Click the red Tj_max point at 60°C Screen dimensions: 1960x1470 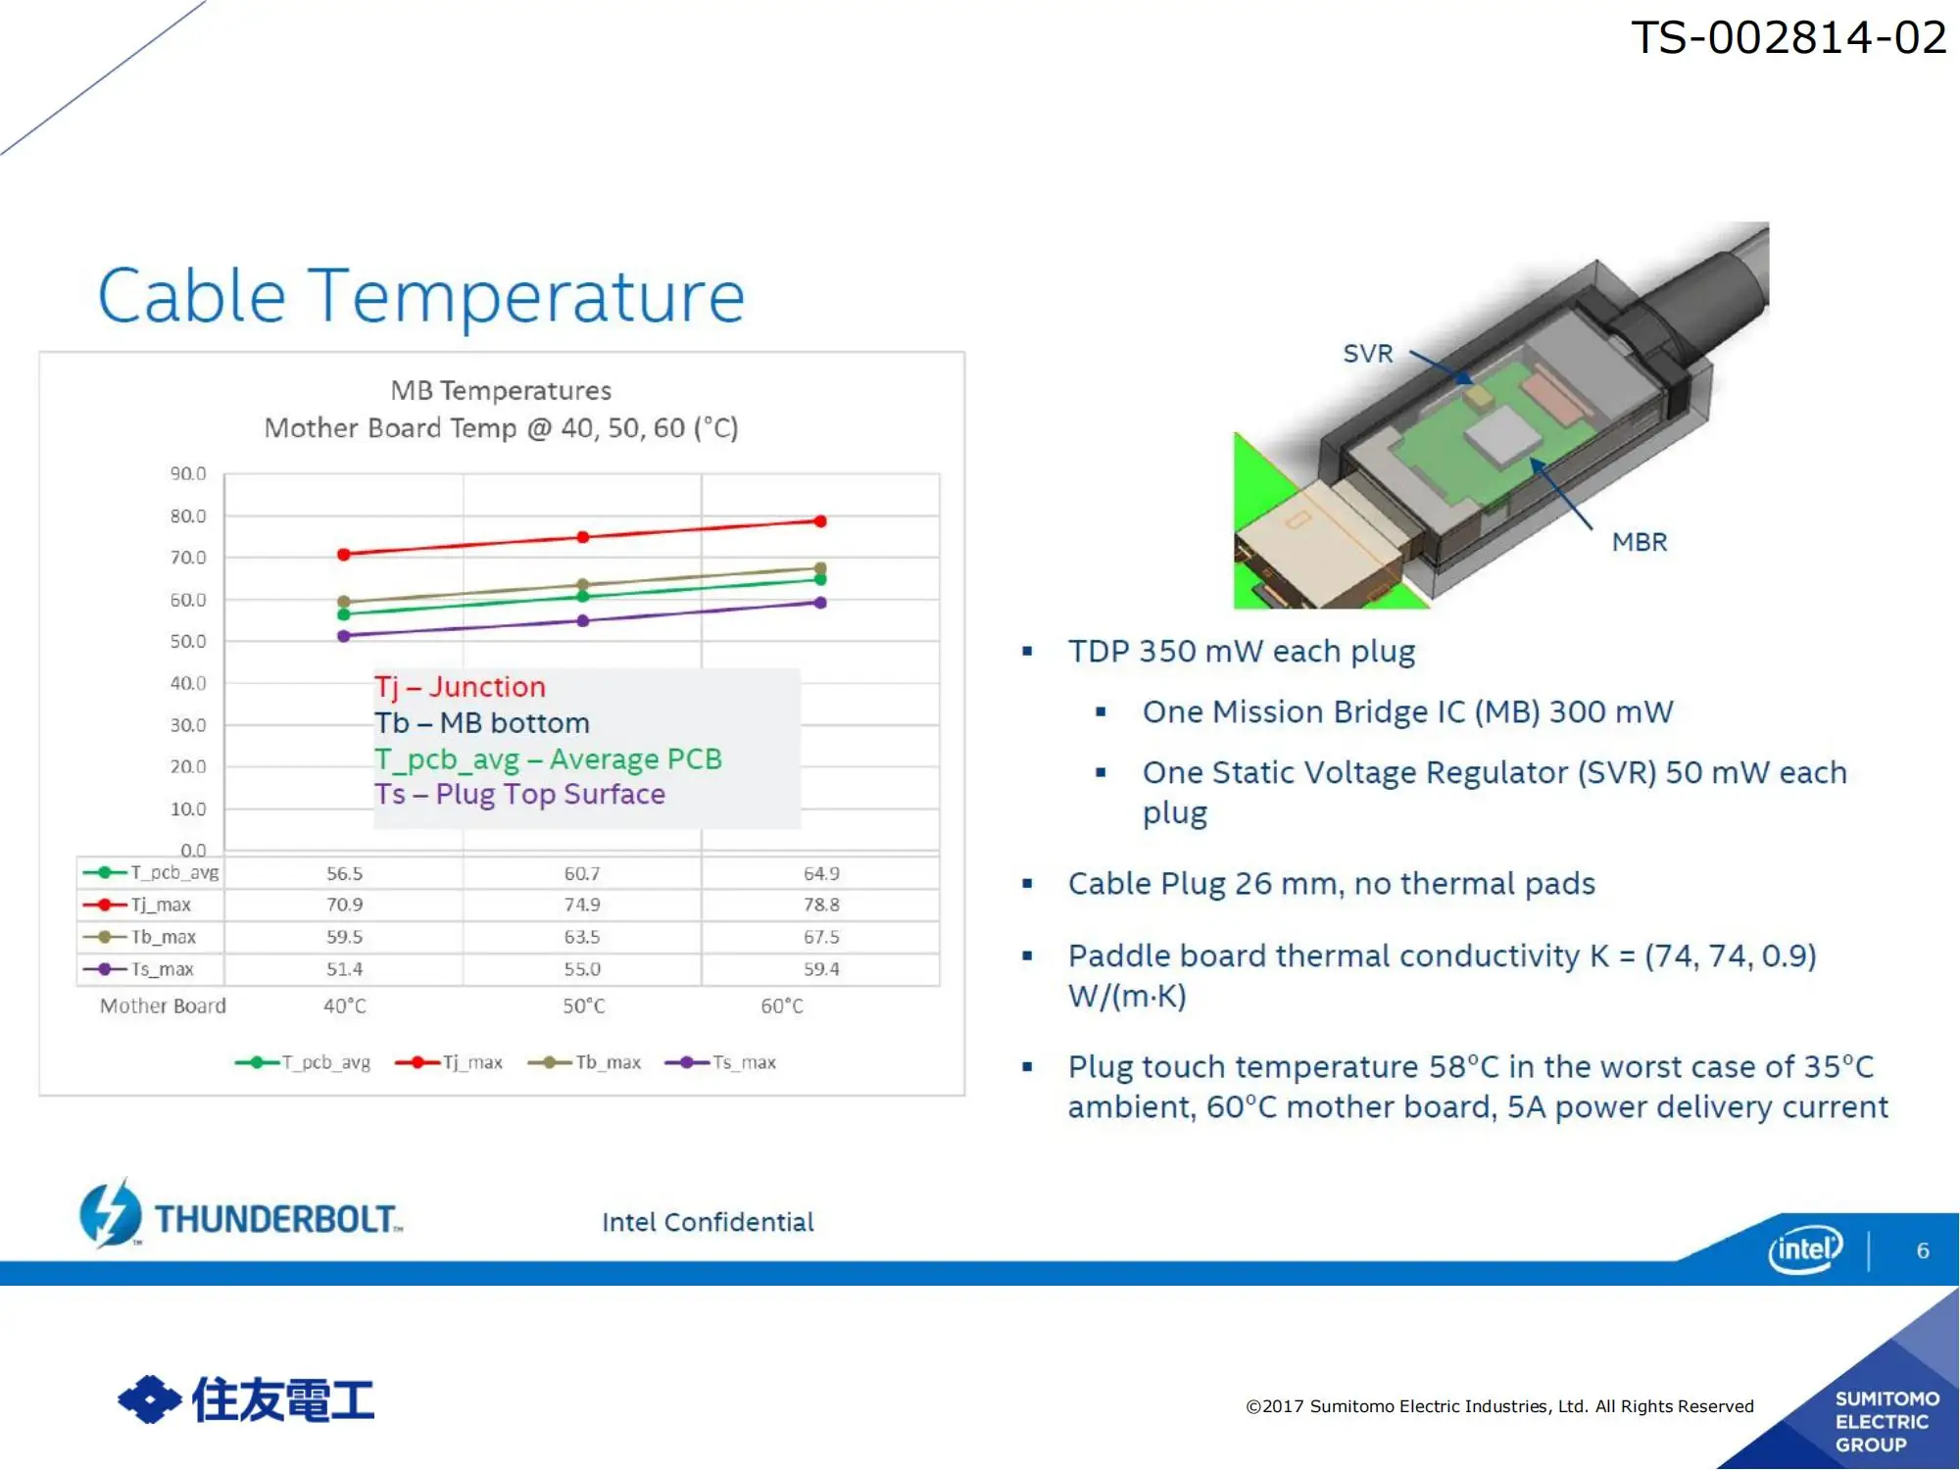click(x=820, y=521)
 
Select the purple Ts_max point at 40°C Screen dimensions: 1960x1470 click(x=344, y=636)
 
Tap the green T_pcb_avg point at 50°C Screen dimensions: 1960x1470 click(x=583, y=596)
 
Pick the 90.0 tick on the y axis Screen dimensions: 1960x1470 click(x=188, y=473)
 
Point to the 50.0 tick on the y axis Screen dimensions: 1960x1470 click(x=188, y=641)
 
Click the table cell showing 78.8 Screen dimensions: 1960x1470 click(x=821, y=905)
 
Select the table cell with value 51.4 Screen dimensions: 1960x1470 click(x=344, y=969)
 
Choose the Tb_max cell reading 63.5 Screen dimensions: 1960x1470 click(x=582, y=937)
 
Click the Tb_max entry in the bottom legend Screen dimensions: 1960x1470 click(x=585, y=1062)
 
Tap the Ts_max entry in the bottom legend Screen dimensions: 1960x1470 click(x=720, y=1062)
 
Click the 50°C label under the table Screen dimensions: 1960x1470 click(x=584, y=1006)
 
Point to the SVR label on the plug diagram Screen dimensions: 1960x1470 click(x=1367, y=353)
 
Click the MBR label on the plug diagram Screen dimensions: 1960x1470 click(x=1640, y=542)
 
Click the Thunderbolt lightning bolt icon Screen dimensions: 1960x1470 click(x=111, y=1212)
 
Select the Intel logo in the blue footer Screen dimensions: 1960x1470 click(x=1805, y=1249)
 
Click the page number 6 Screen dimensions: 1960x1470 click(x=1923, y=1250)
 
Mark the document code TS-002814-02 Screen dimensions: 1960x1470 click(x=1788, y=37)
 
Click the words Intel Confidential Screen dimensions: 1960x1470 click(x=708, y=1222)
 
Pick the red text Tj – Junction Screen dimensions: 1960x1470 click(x=460, y=687)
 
